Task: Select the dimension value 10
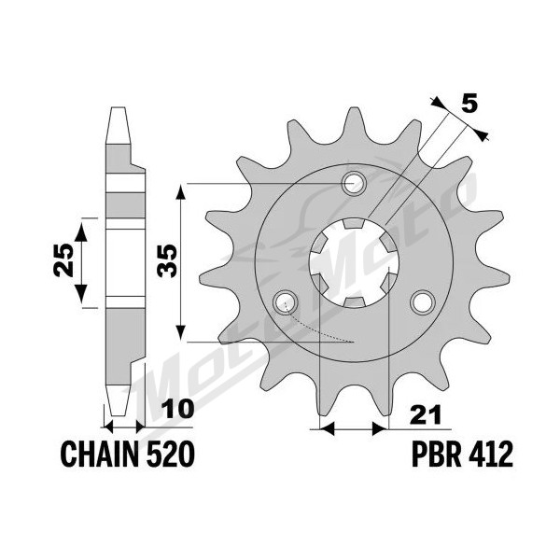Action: click(x=178, y=410)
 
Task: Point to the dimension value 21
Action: click(x=426, y=415)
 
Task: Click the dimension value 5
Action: click(x=469, y=105)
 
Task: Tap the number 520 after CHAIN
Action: click(x=171, y=454)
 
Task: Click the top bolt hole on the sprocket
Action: click(x=354, y=184)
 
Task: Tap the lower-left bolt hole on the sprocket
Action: click(x=285, y=302)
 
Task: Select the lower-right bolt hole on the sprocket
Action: click(x=423, y=302)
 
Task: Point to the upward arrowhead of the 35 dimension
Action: click(x=181, y=193)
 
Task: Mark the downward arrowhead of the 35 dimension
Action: click(x=181, y=332)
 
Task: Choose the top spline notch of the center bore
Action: click(x=354, y=224)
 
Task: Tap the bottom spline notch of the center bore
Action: click(x=354, y=302)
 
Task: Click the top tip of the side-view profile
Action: click(x=118, y=107)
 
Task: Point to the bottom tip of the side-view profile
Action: click(x=118, y=415)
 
